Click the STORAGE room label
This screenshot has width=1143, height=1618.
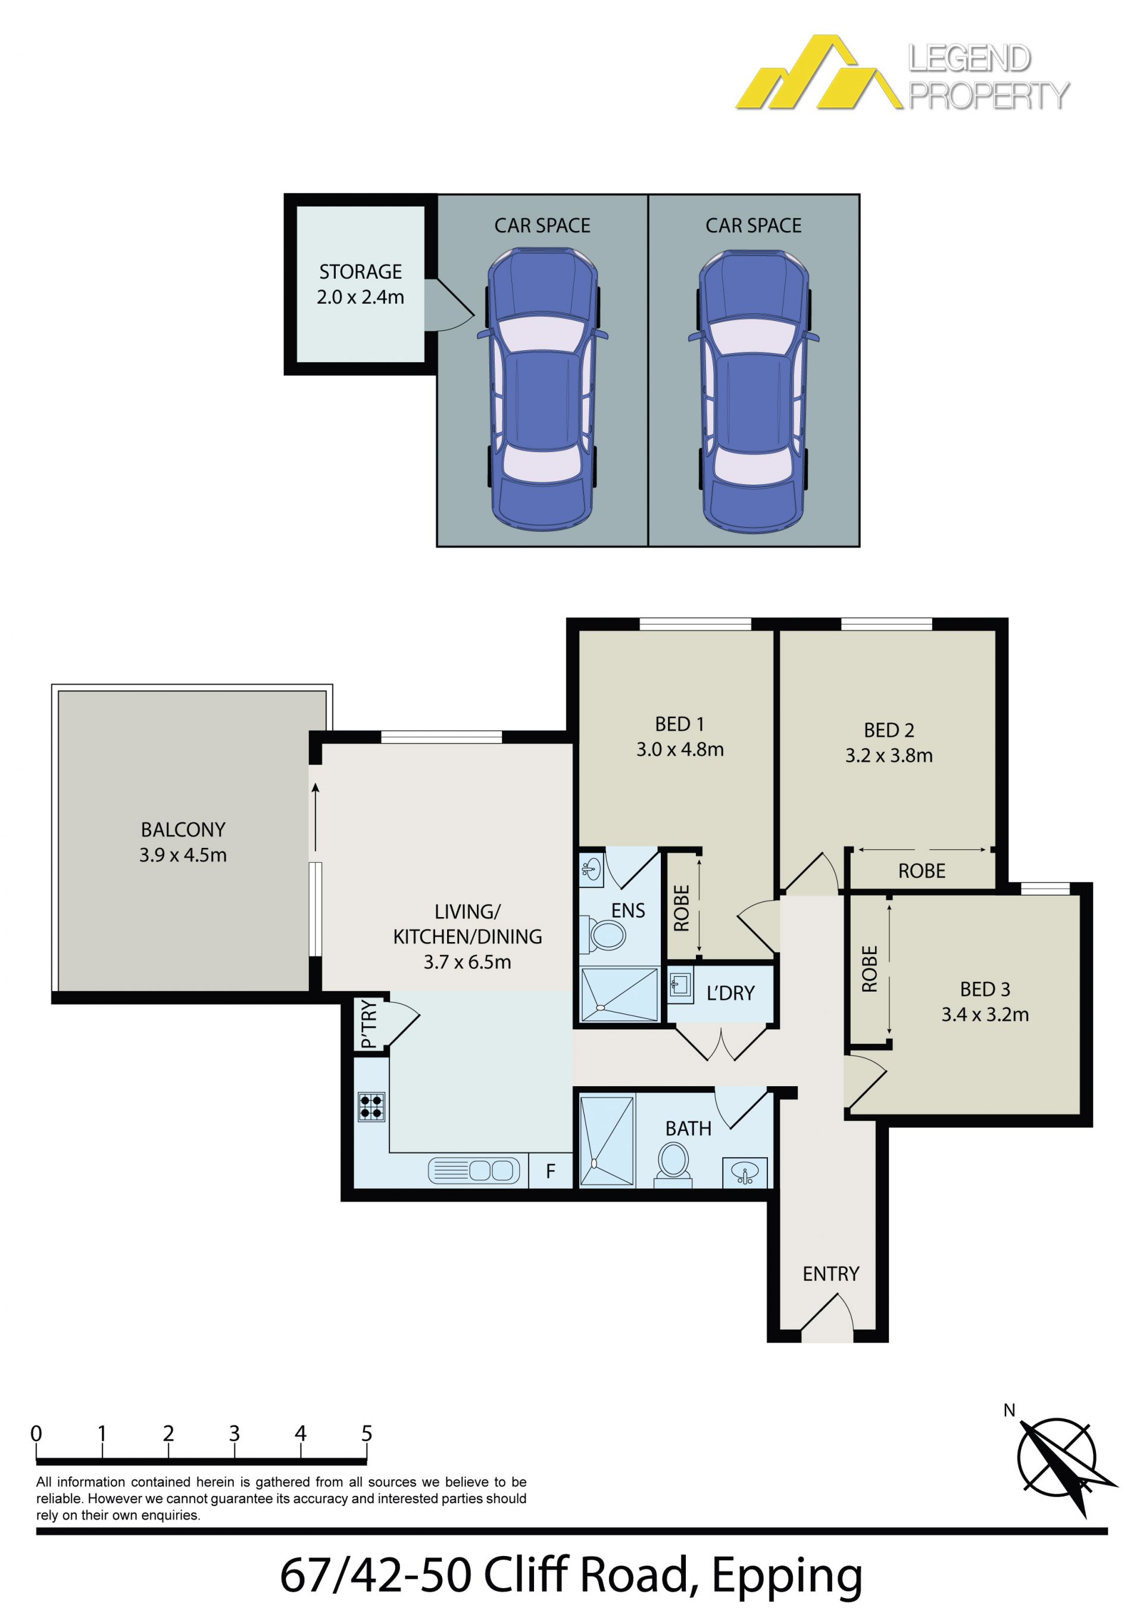(x=360, y=272)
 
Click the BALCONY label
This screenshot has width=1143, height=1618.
(x=183, y=830)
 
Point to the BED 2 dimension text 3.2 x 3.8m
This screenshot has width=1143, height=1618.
(x=889, y=756)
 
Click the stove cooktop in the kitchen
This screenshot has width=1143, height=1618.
(x=371, y=1106)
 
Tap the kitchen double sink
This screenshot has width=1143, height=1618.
(x=473, y=1171)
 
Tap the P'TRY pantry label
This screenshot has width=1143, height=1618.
(x=368, y=1025)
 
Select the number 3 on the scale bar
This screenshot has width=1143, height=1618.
(x=234, y=1433)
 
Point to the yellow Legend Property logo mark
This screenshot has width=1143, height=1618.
(x=819, y=72)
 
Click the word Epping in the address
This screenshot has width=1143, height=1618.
(x=786, y=1576)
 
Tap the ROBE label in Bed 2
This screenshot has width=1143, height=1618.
(x=922, y=871)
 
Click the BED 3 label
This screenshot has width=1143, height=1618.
(x=985, y=989)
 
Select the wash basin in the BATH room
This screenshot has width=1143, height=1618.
(x=745, y=1173)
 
